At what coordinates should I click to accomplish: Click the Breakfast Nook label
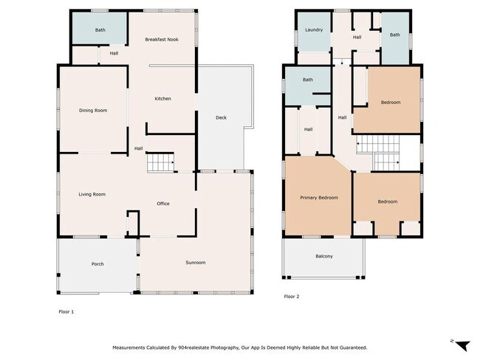[162, 39]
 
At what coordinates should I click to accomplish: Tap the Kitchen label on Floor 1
[163, 99]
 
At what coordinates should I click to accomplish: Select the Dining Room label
[93, 111]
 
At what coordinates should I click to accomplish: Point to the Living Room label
[92, 194]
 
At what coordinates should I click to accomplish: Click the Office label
[163, 204]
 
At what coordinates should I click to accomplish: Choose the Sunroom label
[196, 263]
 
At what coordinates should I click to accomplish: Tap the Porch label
[97, 264]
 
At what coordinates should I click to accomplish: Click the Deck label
[222, 117]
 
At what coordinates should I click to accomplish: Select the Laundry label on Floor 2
[314, 30]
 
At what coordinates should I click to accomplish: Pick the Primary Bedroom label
[319, 198]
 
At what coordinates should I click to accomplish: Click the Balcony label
[324, 256]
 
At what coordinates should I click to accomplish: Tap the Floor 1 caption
[66, 311]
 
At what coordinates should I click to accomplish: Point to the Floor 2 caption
[292, 297]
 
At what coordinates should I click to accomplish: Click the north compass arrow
[463, 346]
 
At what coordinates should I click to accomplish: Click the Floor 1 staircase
[161, 162]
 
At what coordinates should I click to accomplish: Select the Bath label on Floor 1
[100, 30]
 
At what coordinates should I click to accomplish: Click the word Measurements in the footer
[128, 347]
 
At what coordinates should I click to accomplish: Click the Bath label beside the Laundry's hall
[395, 35]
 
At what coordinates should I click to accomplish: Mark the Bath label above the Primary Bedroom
[308, 80]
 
